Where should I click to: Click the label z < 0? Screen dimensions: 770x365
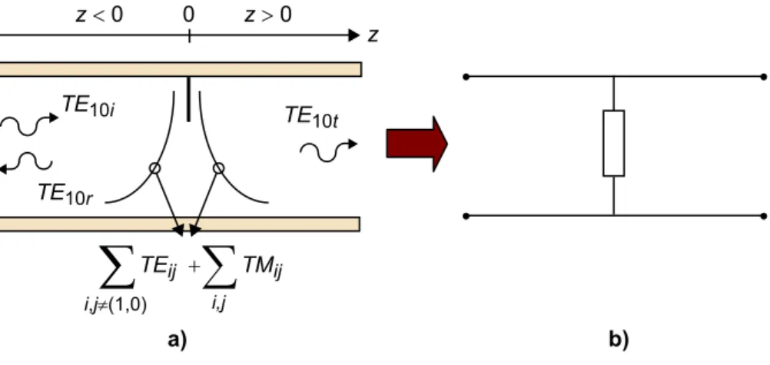point(99,15)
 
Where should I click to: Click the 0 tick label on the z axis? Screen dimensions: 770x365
point(189,15)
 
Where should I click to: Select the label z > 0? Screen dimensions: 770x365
point(268,15)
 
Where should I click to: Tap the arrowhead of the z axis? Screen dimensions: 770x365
point(354,35)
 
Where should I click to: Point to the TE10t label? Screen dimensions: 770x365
point(311,117)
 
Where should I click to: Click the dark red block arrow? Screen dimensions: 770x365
point(417,144)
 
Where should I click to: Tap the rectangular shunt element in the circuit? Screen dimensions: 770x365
point(614,143)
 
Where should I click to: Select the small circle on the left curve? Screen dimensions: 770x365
point(154,168)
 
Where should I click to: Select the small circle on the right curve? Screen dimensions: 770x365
point(218,168)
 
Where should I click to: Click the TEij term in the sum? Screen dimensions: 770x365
point(158,268)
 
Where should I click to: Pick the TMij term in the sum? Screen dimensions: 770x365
point(264,268)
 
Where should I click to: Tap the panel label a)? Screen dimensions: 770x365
point(177,340)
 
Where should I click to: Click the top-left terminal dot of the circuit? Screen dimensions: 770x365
point(466,77)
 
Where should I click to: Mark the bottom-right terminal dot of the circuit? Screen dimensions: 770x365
point(763,216)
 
